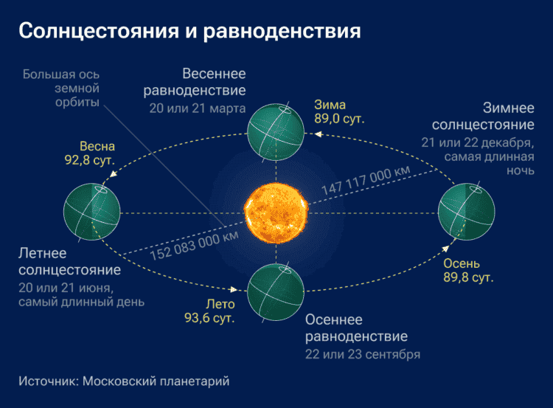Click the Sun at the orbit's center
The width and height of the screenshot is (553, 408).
click(x=276, y=212)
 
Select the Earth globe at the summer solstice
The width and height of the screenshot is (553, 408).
click(x=91, y=212)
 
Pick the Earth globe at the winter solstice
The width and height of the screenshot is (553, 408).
click(x=466, y=212)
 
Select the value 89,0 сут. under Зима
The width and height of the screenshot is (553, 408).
click(x=340, y=118)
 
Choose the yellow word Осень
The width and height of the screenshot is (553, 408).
click(x=462, y=264)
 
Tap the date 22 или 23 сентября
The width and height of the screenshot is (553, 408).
click(x=362, y=354)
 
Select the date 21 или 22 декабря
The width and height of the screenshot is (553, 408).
click(x=478, y=142)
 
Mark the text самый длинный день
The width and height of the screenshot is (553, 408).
click(x=81, y=301)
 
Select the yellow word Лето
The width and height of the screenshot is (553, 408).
click(x=220, y=304)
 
